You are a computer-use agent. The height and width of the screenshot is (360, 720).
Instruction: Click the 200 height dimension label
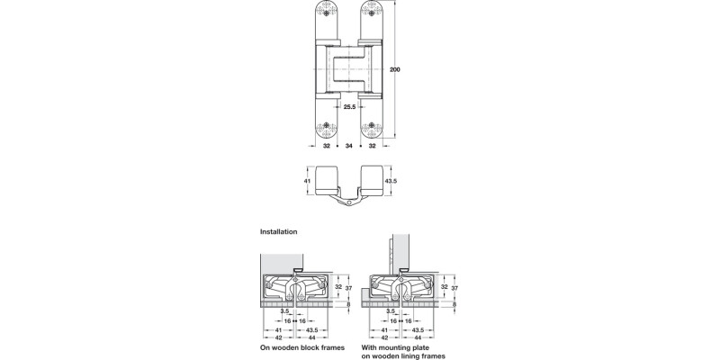point(394,69)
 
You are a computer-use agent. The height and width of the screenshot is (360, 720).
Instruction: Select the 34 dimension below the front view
point(347,145)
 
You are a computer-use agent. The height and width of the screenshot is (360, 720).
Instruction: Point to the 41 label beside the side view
point(306,181)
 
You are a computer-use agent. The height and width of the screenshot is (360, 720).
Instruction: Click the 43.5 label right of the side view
point(391,181)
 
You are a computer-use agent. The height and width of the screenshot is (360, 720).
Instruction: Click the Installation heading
point(278,231)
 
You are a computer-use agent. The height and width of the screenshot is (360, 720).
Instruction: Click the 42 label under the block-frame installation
point(280,337)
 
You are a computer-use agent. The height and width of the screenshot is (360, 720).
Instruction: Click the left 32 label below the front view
point(325,145)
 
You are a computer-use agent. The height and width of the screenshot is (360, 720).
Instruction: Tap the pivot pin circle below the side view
point(347,202)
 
